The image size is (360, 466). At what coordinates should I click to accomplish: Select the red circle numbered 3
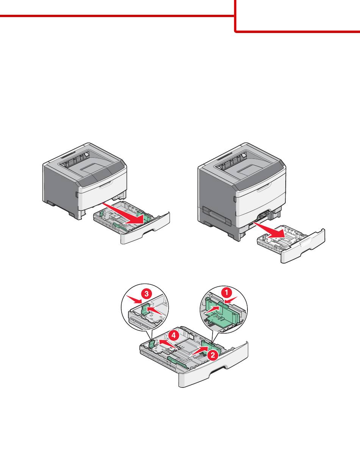coord(147,293)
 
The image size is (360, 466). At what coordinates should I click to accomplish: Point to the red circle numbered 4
coord(173,335)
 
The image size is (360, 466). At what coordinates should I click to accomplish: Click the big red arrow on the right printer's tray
coord(269,230)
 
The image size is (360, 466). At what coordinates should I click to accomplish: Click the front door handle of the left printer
coord(106,184)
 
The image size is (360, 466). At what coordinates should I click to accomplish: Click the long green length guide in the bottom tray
coord(178,362)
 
